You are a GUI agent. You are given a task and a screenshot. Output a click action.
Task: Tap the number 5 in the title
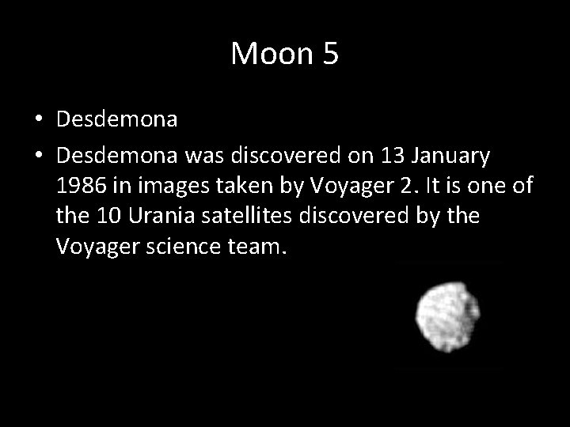point(329,54)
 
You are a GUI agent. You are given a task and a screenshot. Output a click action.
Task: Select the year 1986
point(81,187)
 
